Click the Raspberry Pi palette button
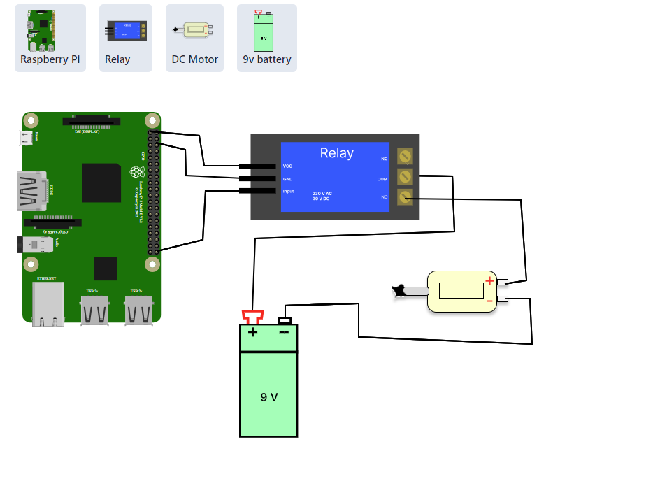click(50, 38)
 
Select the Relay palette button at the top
click(126, 38)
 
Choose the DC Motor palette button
click(194, 38)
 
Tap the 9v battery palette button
click(266, 38)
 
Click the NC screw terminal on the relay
click(405, 157)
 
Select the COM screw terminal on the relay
click(405, 177)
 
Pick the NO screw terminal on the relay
click(405, 197)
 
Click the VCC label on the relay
click(287, 166)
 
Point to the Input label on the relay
click(288, 191)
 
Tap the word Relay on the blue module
click(336, 153)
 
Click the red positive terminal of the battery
click(252, 316)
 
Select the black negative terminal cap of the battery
click(284, 320)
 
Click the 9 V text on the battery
click(269, 397)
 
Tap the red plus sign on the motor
click(489, 281)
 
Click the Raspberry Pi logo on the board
click(137, 172)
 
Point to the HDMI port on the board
click(32, 191)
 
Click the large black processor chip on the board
click(101, 183)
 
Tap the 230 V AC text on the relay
click(322, 193)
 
